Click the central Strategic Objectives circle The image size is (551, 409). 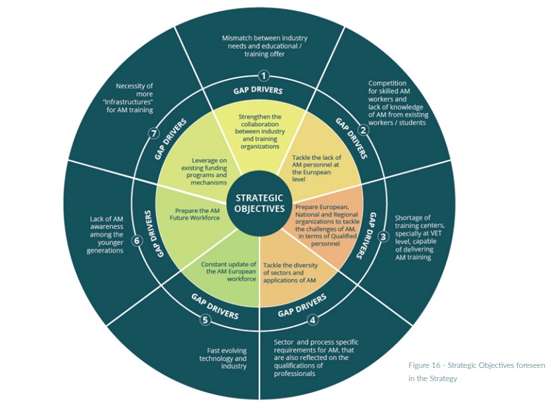point(259,203)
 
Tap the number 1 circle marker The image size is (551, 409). point(264,76)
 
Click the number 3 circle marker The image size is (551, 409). point(382,236)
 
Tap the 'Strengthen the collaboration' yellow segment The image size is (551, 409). point(260,131)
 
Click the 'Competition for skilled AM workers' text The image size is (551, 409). point(396,103)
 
